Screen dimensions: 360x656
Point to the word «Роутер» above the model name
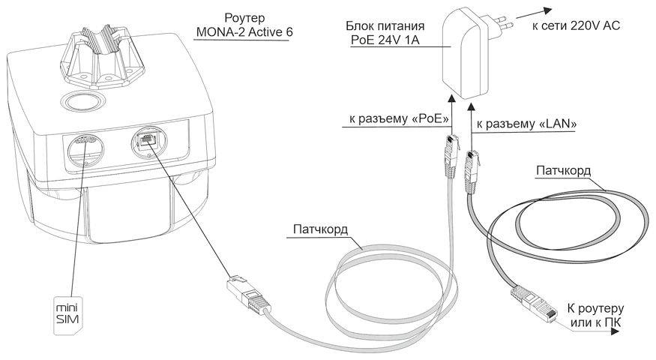pyautogui.click(x=242, y=17)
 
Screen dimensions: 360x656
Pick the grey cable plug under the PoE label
pyautogui.click(x=450, y=154)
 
